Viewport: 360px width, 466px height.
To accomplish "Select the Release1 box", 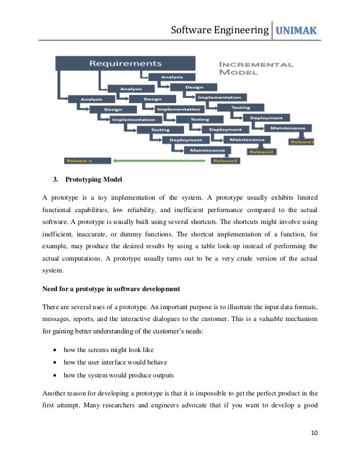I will point(302,142).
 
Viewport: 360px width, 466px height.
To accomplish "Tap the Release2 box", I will point(262,151).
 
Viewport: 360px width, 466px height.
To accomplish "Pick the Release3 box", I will point(225,161).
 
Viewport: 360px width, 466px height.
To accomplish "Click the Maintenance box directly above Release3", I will point(207,150).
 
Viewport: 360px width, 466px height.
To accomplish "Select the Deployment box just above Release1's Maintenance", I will point(266,118).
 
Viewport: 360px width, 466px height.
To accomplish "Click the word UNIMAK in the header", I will point(296,29).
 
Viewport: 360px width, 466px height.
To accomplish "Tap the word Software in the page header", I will point(195,29).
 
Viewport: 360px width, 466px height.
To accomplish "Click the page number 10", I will point(314,433).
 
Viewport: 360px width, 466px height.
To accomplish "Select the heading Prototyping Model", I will point(94,180).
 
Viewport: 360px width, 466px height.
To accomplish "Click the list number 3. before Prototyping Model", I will point(56,180).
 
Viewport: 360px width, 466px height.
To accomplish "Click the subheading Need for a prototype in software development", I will point(112,289).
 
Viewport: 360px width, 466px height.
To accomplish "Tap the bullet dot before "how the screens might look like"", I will point(55,349).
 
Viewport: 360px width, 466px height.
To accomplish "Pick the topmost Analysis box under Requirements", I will point(172,77).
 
